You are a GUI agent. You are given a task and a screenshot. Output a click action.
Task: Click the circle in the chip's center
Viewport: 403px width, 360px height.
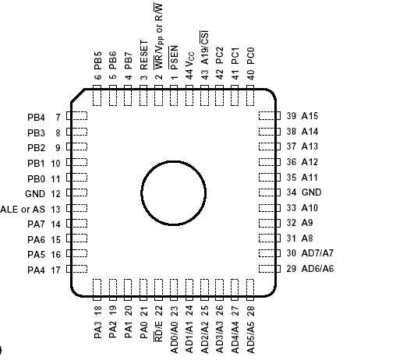pyautogui.click(x=173, y=192)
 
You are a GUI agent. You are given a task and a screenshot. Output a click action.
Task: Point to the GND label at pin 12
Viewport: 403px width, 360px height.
pyautogui.click(x=35, y=193)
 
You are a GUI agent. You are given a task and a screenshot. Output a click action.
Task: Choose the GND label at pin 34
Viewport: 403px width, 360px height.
pyautogui.click(x=311, y=192)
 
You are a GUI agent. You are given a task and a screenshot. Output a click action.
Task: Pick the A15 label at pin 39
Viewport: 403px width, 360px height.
pyautogui.click(x=310, y=115)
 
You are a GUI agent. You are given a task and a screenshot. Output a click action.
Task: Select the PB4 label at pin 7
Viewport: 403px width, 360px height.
pyautogui.click(x=36, y=118)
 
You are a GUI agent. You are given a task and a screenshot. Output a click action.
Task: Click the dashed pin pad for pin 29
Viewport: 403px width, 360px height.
pyautogui.click(x=268, y=268)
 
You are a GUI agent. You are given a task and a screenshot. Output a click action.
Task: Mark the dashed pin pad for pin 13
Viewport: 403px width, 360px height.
pyautogui.click(x=77, y=209)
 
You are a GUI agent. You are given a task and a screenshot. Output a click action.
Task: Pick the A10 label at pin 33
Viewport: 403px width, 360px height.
pyautogui.click(x=310, y=207)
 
